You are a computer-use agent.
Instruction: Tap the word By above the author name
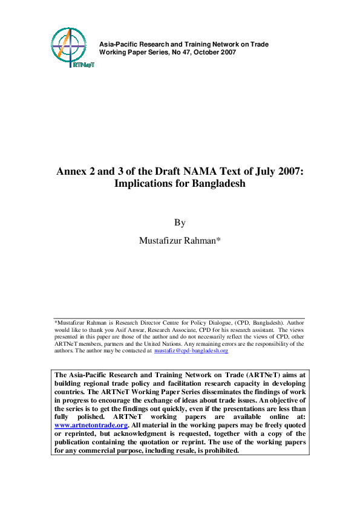pyautogui.click(x=180, y=222)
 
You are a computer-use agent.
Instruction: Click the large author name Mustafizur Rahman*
pyautogui.click(x=180, y=241)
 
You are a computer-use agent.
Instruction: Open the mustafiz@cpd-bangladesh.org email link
pyautogui.click(x=191, y=351)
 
